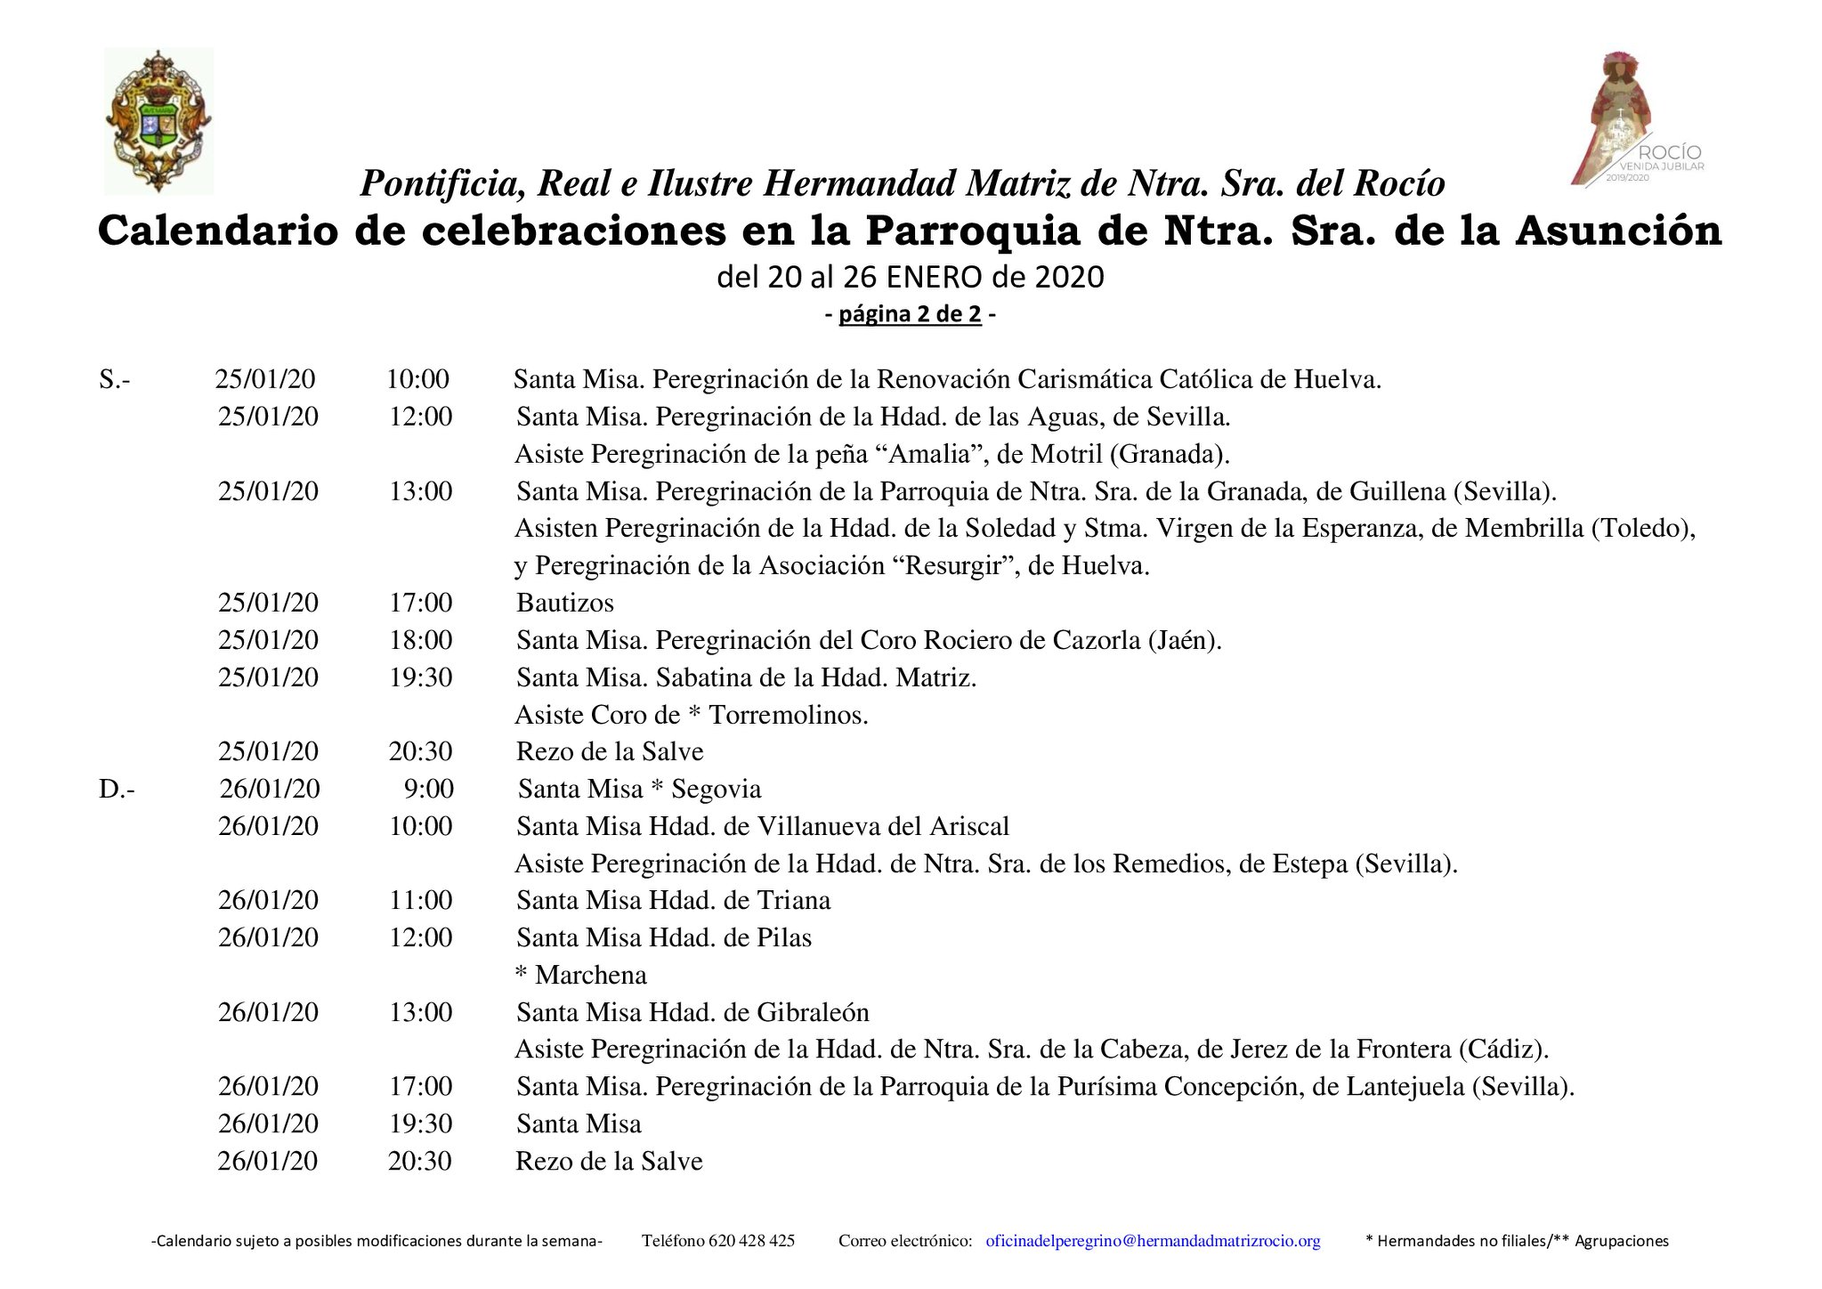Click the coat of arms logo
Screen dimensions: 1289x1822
coord(158,121)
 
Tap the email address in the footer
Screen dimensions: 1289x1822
coord(1153,1241)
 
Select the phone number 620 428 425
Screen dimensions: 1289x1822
coord(751,1241)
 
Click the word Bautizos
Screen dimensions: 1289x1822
coord(565,604)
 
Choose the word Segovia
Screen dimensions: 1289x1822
coord(716,790)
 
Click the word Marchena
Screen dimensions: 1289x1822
coord(590,976)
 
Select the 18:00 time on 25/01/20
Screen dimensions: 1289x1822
coord(420,641)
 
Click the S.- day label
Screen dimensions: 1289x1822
coord(114,380)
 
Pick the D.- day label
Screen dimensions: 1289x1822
coord(117,790)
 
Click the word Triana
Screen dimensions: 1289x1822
coord(793,901)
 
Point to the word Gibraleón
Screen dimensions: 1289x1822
coord(813,1013)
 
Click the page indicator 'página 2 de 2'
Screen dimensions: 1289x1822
coord(910,315)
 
